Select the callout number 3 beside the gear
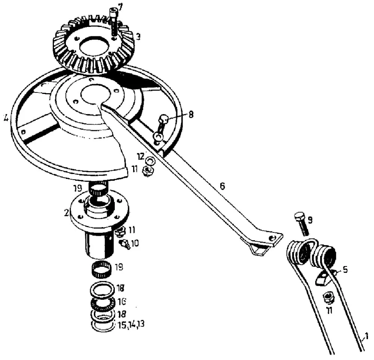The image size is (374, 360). [138, 37]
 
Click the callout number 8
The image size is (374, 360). [191, 115]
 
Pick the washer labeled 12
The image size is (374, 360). [150, 161]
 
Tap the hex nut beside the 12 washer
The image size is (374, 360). [148, 171]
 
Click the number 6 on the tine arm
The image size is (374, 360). [222, 186]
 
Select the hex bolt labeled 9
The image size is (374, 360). [301, 224]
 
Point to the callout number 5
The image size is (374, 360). [345, 270]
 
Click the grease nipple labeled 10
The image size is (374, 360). [124, 244]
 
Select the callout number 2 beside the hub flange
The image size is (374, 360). [67, 213]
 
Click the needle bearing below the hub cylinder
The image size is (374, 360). [101, 269]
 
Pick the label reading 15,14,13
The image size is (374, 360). [131, 325]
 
